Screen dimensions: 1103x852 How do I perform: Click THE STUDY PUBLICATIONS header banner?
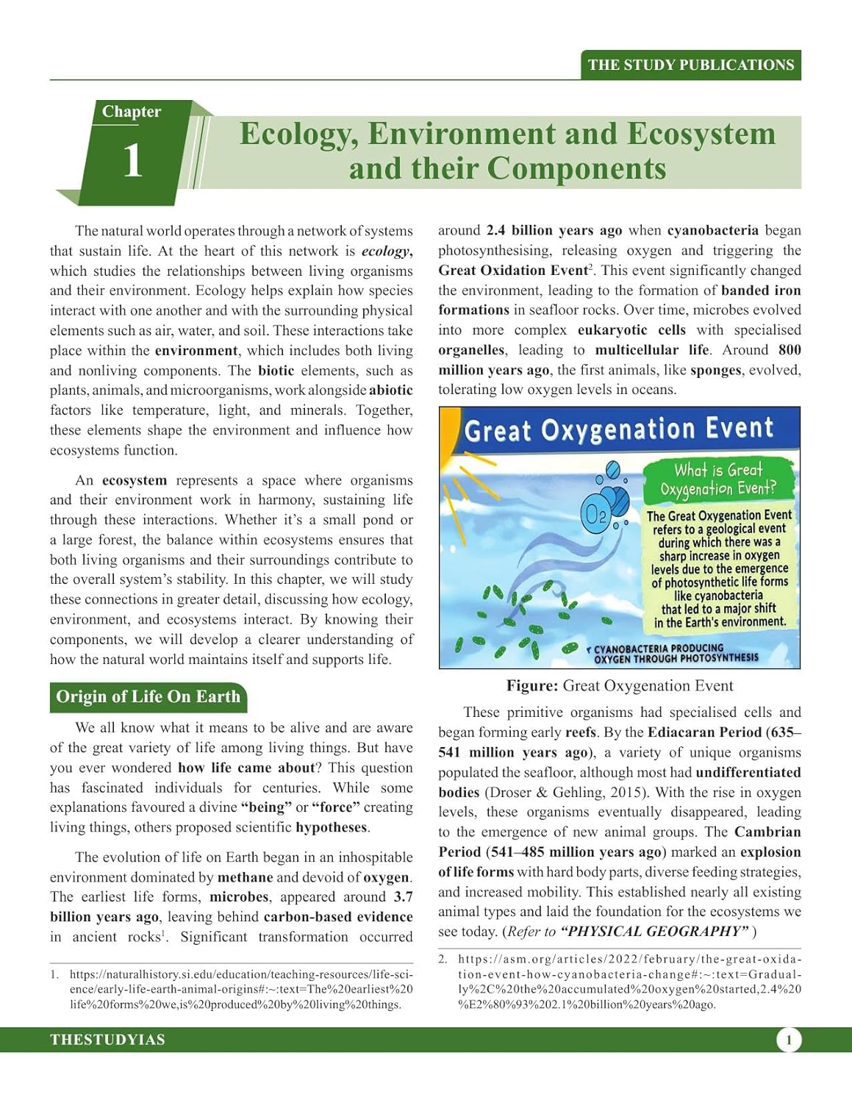[690, 65]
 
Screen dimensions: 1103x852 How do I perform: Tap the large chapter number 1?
[132, 160]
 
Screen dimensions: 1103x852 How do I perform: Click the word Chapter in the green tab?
[131, 112]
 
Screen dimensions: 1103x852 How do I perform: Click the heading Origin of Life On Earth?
[148, 697]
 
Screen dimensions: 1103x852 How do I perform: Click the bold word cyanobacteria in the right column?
[712, 230]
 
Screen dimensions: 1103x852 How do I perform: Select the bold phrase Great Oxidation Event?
[513, 270]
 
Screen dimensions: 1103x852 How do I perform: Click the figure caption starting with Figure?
[619, 686]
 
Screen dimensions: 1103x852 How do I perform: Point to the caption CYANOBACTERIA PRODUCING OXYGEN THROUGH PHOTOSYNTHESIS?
[675, 654]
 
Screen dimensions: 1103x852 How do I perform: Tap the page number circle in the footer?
[789, 1040]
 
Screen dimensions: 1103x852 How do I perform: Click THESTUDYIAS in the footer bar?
[107, 1040]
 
